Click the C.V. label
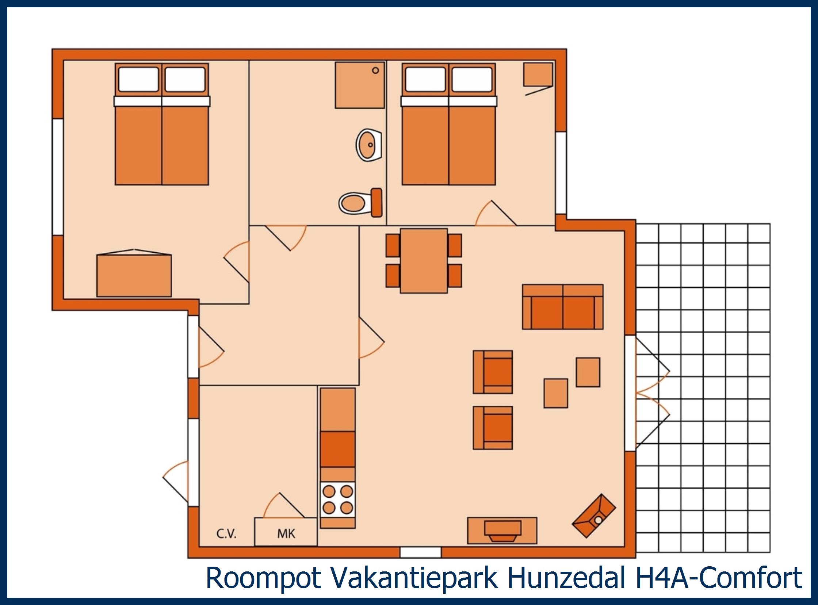pyautogui.click(x=226, y=534)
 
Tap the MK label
pyautogui.click(x=286, y=533)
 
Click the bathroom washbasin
pyautogui.click(x=368, y=145)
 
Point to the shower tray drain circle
pyautogui.click(x=375, y=70)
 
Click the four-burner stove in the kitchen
pyautogui.click(x=338, y=499)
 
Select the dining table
pyautogui.click(x=424, y=261)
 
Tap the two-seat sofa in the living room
pyautogui.click(x=563, y=307)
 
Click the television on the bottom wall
pyautogui.click(x=502, y=531)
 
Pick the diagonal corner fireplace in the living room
pyautogui.click(x=594, y=516)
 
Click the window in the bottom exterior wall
pyautogui.click(x=421, y=552)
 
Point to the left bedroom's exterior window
pyautogui.click(x=58, y=176)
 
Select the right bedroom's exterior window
pyautogui.click(x=561, y=172)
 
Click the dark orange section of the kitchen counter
pyautogui.click(x=338, y=449)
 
